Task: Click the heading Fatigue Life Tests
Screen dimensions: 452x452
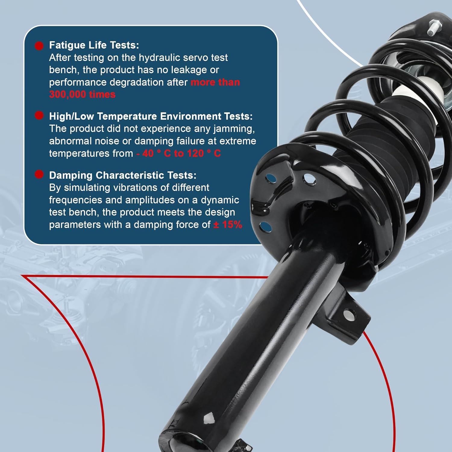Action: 94,45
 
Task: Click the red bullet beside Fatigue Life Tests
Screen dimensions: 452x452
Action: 39,46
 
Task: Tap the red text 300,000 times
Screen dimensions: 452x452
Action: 82,95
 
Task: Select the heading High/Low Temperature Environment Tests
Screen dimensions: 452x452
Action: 151,116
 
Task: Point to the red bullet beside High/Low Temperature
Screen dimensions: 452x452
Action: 39,115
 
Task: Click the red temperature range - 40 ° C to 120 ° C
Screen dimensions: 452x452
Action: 179,153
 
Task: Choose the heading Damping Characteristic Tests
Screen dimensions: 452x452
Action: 123,175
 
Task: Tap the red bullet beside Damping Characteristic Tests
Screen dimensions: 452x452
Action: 39,174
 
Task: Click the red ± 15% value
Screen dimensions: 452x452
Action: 228,224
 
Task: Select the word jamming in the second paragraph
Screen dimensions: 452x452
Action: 234,129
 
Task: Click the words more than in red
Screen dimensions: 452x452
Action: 215,82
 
